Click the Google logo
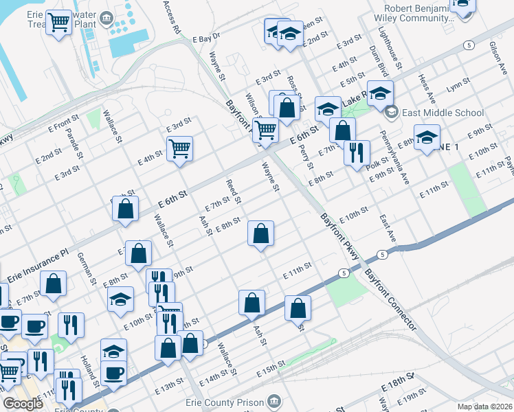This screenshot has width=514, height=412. [x=23, y=403]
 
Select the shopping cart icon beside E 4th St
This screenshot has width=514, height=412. [x=179, y=147]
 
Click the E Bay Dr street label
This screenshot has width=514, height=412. [x=205, y=36]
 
